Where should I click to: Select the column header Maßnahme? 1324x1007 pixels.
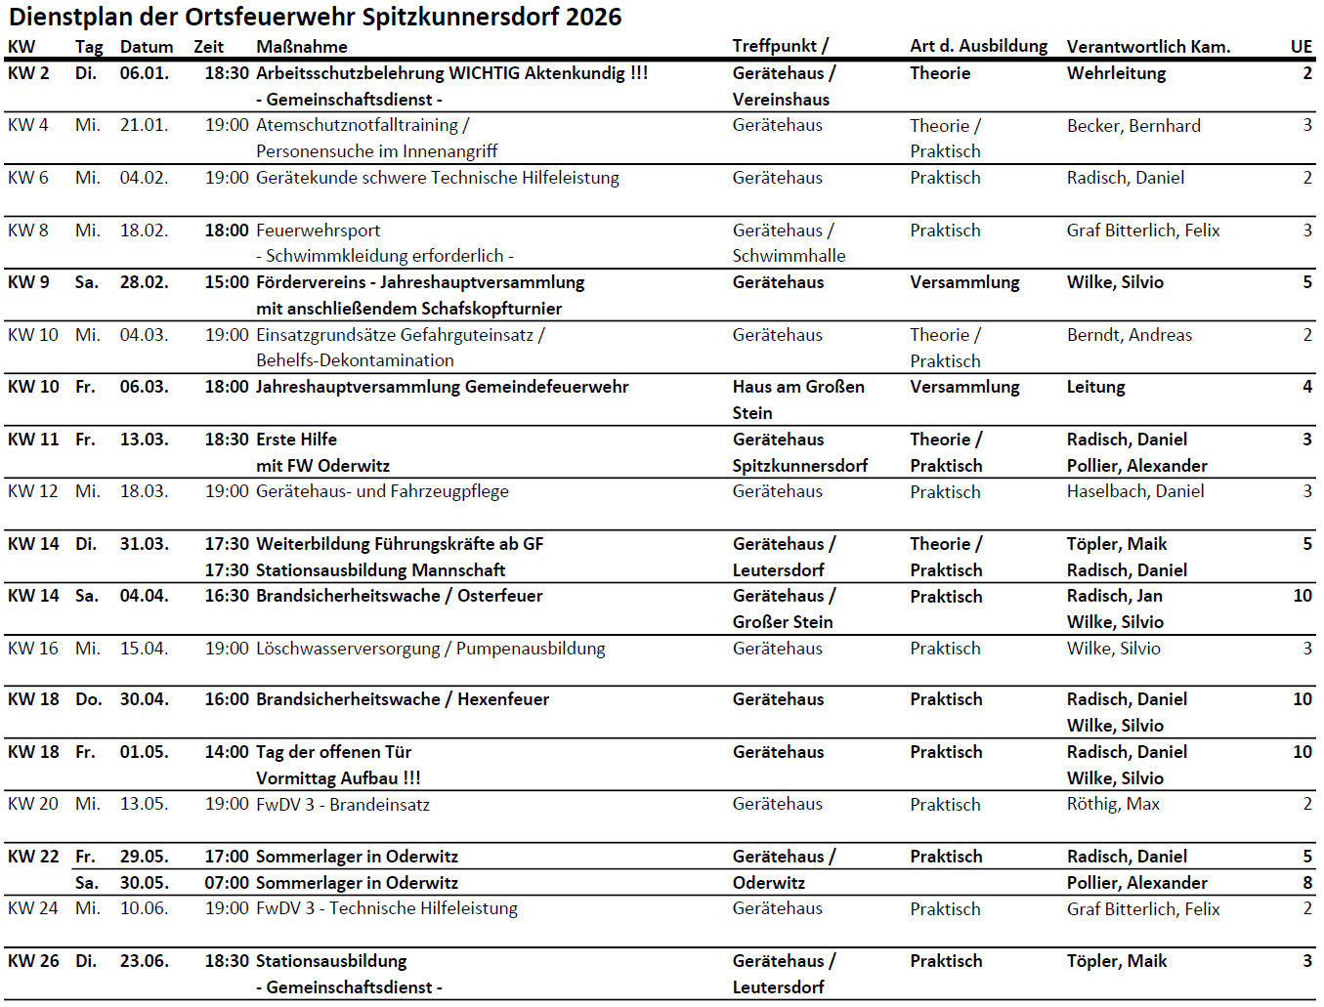(301, 46)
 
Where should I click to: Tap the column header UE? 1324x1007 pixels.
(1301, 46)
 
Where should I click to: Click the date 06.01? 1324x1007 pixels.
(144, 73)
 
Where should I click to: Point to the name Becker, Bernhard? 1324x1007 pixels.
(1133, 125)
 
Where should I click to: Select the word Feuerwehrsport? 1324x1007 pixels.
(318, 231)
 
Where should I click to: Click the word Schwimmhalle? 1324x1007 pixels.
(789, 256)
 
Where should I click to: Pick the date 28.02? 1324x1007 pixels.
(144, 282)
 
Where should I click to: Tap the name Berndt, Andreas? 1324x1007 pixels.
(1129, 335)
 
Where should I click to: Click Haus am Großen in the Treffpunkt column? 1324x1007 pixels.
(798, 387)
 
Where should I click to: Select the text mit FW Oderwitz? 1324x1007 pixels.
(322, 466)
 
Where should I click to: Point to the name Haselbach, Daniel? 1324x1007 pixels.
(1134, 491)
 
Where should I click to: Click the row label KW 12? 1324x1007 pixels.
(32, 491)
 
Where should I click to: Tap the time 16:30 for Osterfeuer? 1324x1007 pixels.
(227, 596)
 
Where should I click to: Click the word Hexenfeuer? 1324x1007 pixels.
(503, 699)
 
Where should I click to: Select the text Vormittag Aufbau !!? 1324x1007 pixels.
(338, 778)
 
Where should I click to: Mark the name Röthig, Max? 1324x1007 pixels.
(1113, 804)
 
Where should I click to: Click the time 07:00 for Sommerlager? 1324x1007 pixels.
(227, 883)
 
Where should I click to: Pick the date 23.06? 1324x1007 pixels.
(144, 961)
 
